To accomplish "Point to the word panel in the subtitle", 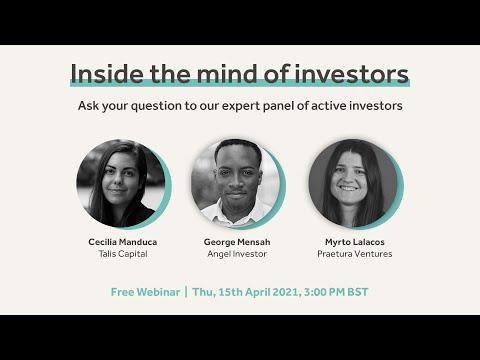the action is [278, 106].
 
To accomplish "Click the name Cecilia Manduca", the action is [123, 242].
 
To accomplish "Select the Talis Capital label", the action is [123, 254].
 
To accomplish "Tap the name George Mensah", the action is [237, 242].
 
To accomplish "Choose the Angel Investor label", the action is [237, 254].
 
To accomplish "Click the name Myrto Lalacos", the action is [355, 242].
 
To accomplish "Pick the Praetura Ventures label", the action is [355, 254].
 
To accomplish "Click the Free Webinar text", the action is [145, 292].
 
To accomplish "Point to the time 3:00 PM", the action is [324, 292].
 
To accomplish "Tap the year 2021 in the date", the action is [286, 292].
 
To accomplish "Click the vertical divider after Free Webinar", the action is [186, 292].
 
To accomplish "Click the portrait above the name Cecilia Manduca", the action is [121, 184].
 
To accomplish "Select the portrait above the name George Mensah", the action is [236, 184].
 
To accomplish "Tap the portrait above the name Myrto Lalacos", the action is [353, 184].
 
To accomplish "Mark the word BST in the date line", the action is [358, 292].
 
